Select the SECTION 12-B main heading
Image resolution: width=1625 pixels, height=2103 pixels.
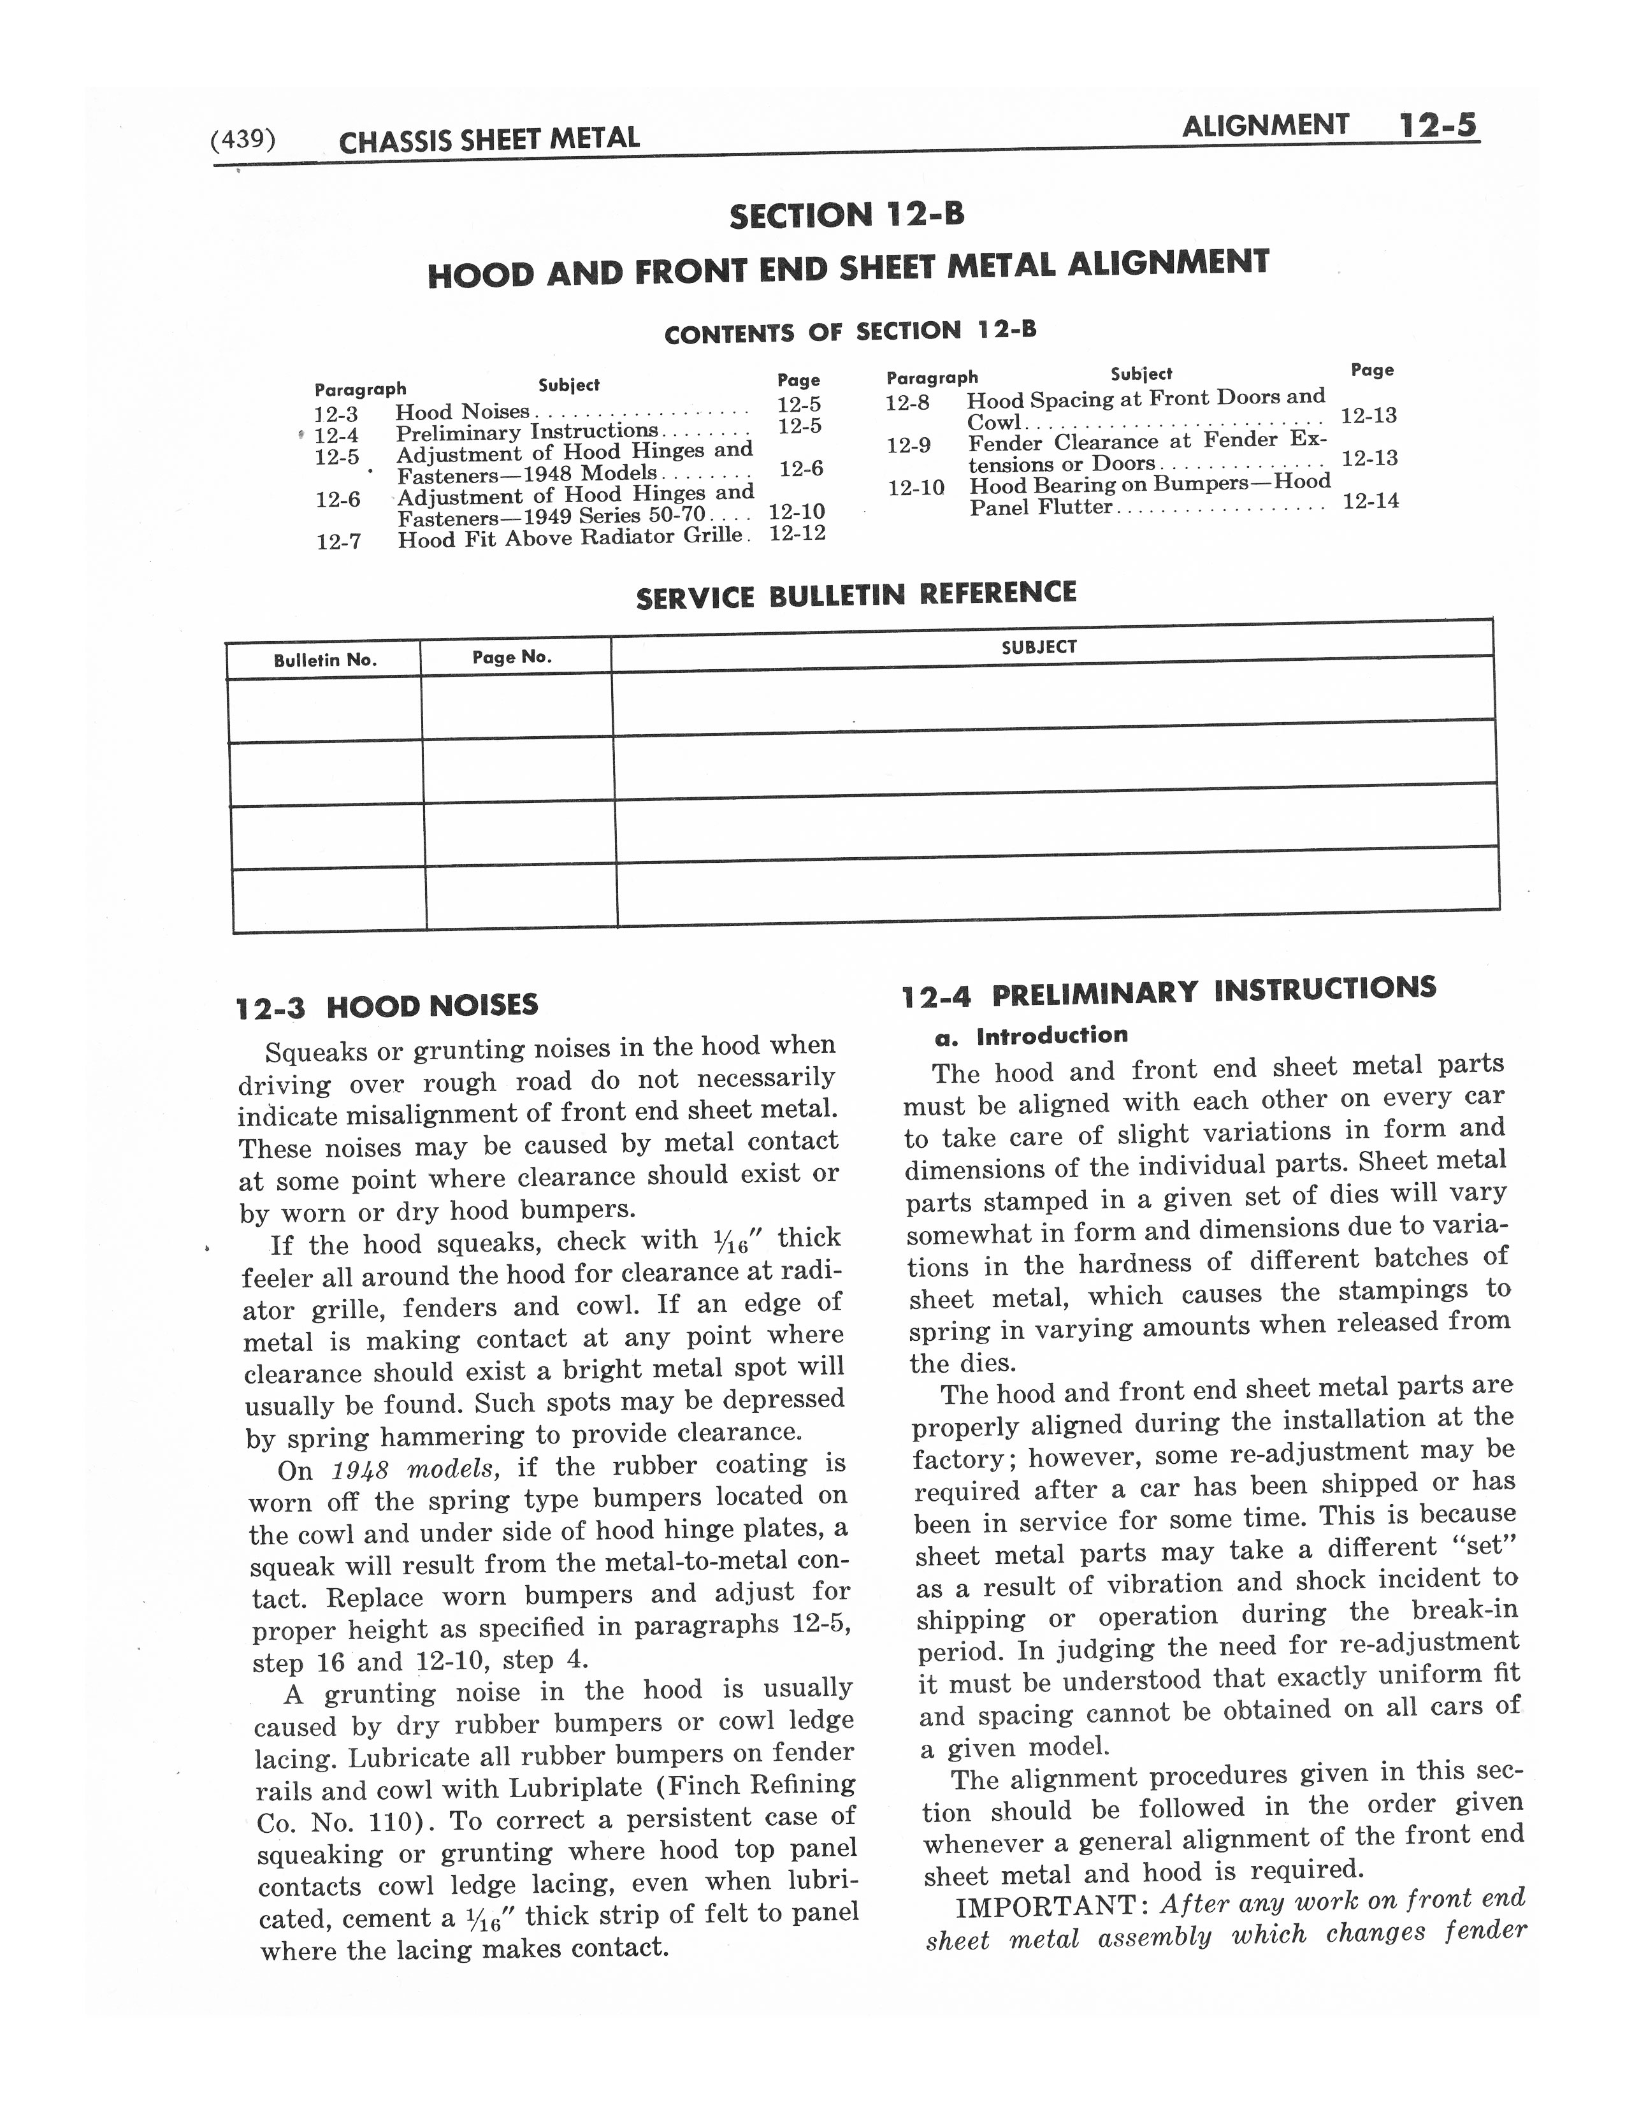click(846, 215)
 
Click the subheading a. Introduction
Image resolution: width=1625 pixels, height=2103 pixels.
click(1030, 1036)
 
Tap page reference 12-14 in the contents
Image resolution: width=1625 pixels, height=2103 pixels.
click(1370, 501)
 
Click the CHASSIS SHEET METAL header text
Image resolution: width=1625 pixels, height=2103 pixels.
click(489, 140)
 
